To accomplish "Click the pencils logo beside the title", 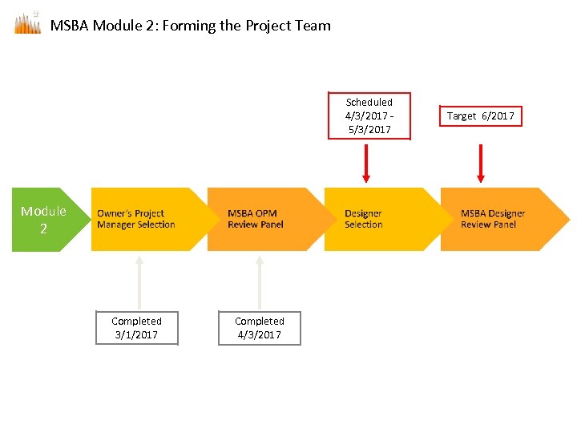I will point(27,23).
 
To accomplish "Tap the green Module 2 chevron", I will point(46,220).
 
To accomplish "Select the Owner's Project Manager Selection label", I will point(135,219).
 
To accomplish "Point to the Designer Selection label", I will point(363,219).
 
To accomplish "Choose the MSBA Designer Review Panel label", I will point(493,219).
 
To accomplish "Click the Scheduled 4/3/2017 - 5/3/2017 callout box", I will point(369,116).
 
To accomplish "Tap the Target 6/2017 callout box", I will point(481,116).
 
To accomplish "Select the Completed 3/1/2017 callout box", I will point(136,328).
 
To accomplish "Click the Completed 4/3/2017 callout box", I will point(260,328).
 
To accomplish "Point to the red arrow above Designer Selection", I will point(366,163).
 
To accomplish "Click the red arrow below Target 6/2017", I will point(481,163).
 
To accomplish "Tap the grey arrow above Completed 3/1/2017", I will point(139,281).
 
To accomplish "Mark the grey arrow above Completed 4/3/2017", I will point(260,281).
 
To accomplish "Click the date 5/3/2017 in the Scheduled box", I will point(369,130).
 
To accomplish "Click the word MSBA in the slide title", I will point(70,26).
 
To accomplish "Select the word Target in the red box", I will point(462,116).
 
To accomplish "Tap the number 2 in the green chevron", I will point(44,229).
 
